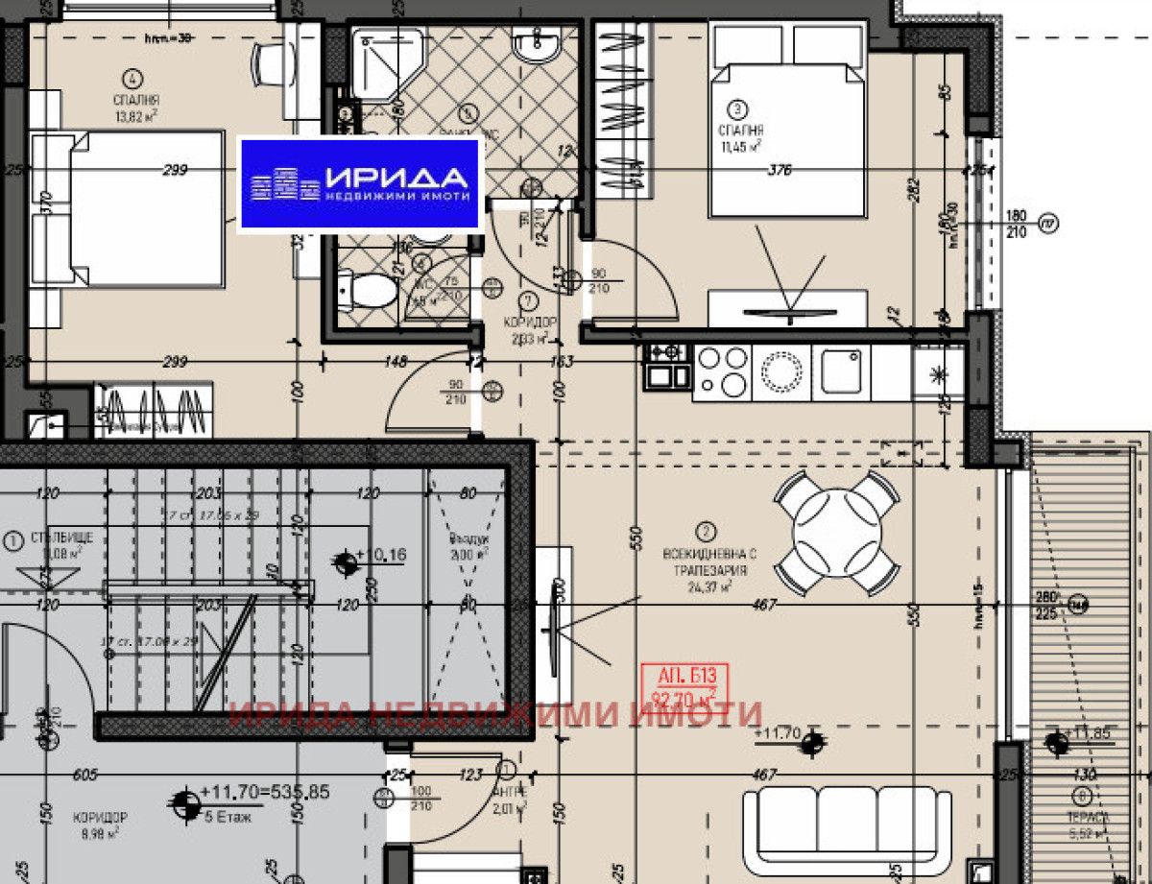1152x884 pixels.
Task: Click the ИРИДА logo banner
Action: (x=359, y=184)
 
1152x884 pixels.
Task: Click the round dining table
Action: (x=837, y=531)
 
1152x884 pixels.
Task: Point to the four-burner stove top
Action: (x=722, y=371)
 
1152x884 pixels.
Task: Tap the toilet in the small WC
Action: (x=370, y=290)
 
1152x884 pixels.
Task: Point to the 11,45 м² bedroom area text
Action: (x=739, y=146)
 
